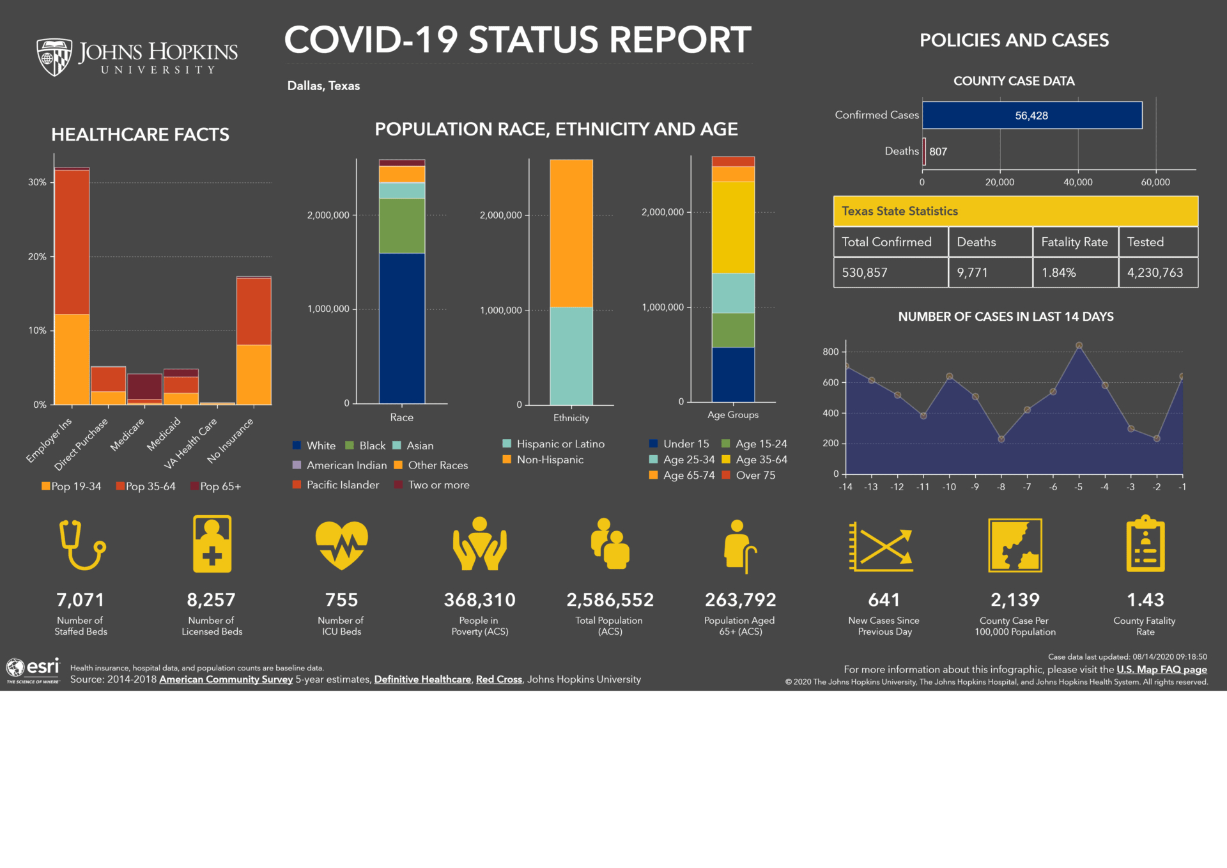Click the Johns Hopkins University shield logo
coord(54,57)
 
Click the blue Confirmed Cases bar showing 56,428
coord(1031,115)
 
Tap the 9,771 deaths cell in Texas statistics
coord(989,272)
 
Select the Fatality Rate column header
coord(1074,242)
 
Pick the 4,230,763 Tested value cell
coord(1157,272)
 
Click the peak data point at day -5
coord(1079,345)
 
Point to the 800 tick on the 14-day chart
coord(831,352)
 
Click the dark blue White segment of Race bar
coord(401,327)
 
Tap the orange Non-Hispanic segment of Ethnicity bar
coord(571,233)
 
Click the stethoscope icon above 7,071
coord(81,544)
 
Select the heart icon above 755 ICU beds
coord(341,544)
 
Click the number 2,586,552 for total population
coord(610,600)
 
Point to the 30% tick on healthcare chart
coord(37,182)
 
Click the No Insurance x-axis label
coord(231,440)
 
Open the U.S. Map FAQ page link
coord(1161,669)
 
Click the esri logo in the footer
coord(33,669)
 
